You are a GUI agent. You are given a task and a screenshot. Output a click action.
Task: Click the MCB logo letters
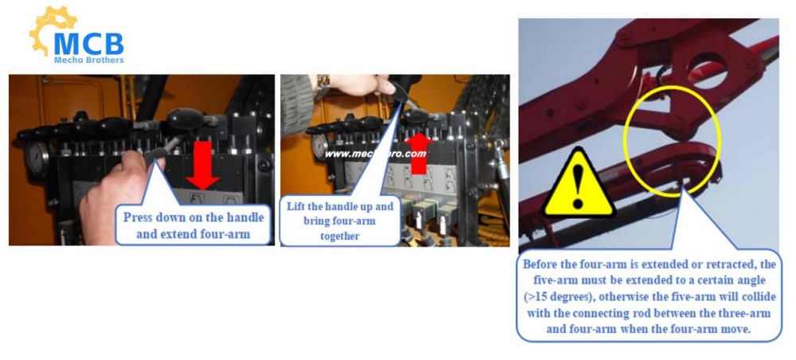89,44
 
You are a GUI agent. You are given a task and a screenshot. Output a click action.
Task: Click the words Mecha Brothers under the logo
89,60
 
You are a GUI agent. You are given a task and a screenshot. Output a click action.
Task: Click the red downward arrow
202,164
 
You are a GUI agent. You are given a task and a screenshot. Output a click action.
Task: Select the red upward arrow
419,152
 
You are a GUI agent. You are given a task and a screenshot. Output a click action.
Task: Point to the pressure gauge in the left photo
37,158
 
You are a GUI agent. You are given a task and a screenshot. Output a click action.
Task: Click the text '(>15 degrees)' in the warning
555,296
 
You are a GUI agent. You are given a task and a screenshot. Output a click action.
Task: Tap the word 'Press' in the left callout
139,217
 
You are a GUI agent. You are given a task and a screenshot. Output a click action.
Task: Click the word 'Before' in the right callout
540,264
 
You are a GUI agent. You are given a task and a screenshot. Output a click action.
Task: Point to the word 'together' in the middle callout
339,236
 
